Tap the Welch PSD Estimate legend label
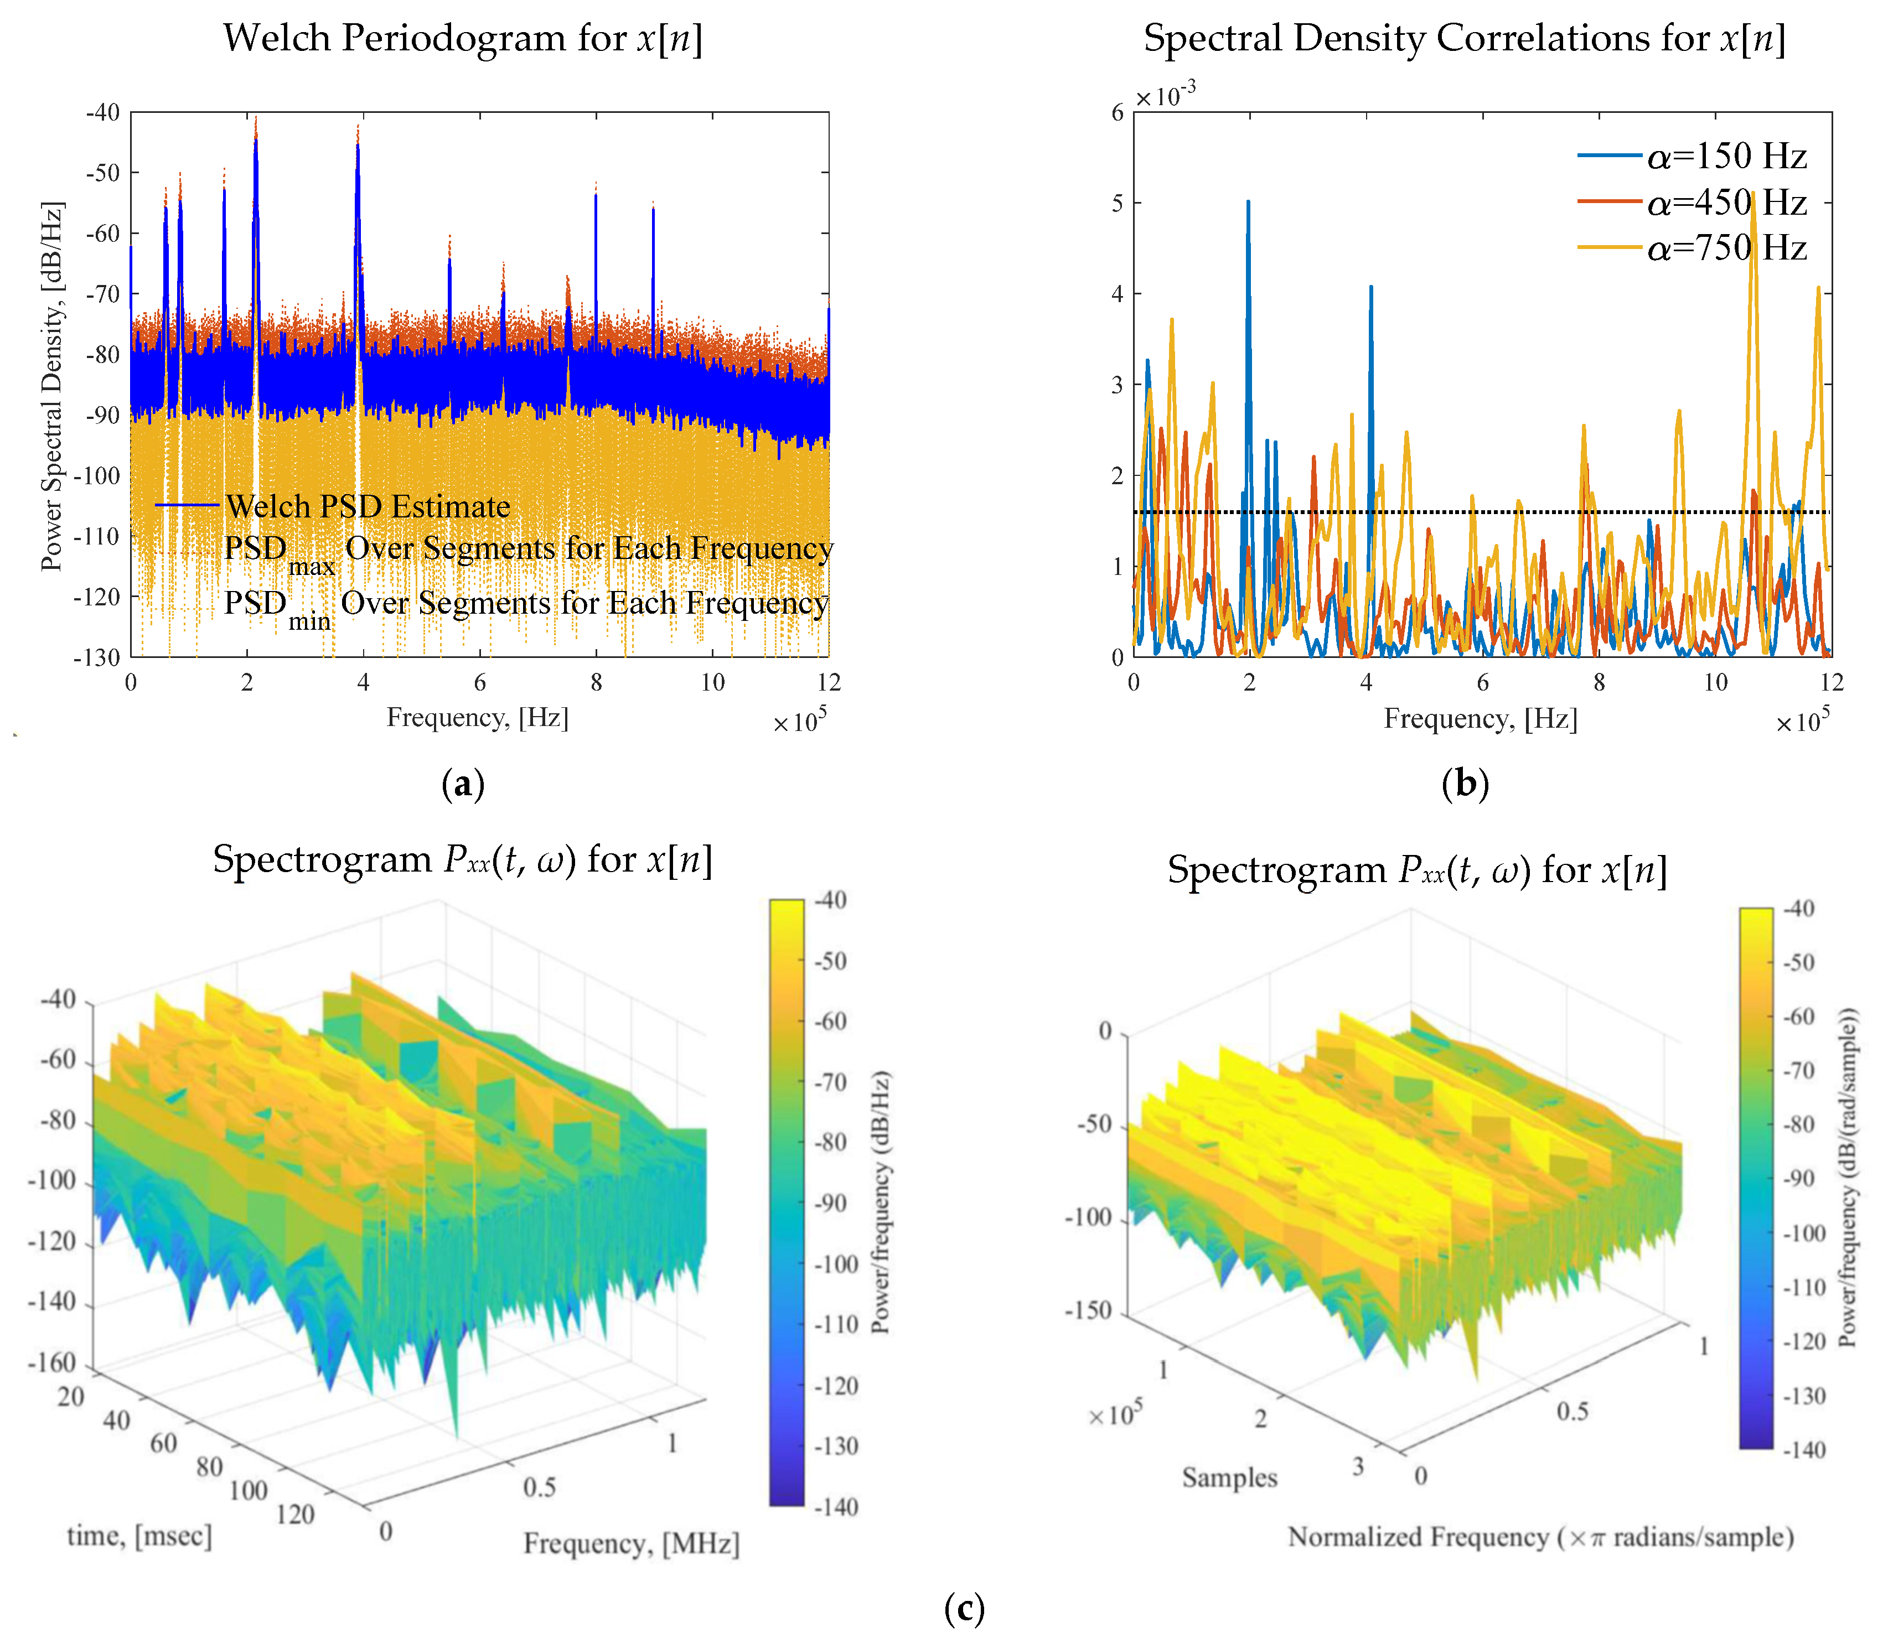(x=368, y=505)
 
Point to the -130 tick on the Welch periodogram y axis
(x=99, y=657)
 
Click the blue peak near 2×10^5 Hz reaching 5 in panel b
(x=1248, y=204)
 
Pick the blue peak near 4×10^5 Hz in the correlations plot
(x=1370, y=289)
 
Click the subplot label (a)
(x=463, y=784)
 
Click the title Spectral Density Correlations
(x=1464, y=38)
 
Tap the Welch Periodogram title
(x=463, y=38)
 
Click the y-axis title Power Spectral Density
(x=52, y=386)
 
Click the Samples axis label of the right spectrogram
(x=1229, y=1476)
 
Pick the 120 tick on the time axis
(x=294, y=1513)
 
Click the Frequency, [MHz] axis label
(x=631, y=1543)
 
